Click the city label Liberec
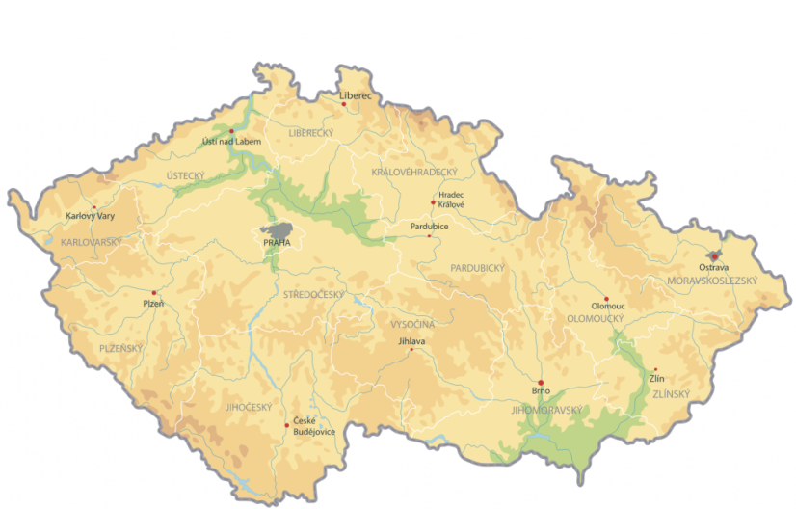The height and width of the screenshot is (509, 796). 356,95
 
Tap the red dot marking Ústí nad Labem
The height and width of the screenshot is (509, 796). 231,131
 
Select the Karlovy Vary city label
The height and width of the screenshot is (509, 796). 90,215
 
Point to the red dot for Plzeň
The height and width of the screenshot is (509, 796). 153,292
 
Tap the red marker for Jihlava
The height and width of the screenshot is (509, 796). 411,350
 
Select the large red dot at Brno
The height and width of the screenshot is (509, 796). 541,383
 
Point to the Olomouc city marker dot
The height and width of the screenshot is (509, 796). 606,298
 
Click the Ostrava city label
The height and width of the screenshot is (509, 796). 714,267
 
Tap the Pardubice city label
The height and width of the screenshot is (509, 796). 430,226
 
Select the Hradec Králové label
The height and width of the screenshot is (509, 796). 451,200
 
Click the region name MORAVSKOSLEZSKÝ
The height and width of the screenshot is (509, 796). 712,281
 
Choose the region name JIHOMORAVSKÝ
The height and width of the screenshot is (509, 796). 547,410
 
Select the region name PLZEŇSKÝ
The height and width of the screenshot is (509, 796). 121,348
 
